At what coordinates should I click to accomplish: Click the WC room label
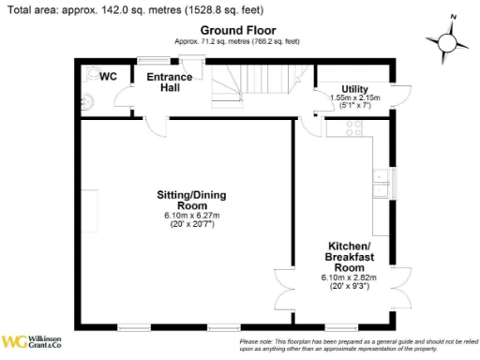[x=109, y=77]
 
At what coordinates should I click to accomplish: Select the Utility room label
[x=354, y=88]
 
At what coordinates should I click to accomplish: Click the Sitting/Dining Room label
[x=190, y=200]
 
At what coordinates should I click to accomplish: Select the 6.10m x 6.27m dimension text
[x=190, y=217]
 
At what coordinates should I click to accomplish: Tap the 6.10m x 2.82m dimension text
[x=349, y=277]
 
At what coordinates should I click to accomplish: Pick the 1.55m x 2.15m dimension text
[x=354, y=97]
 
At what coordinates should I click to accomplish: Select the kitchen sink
[x=383, y=178]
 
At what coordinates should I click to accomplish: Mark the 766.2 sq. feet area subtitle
[x=237, y=42]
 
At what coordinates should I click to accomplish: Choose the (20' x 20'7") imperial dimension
[x=190, y=225]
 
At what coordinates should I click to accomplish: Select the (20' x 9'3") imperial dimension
[x=349, y=286]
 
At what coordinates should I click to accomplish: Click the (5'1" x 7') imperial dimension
[x=354, y=106]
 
